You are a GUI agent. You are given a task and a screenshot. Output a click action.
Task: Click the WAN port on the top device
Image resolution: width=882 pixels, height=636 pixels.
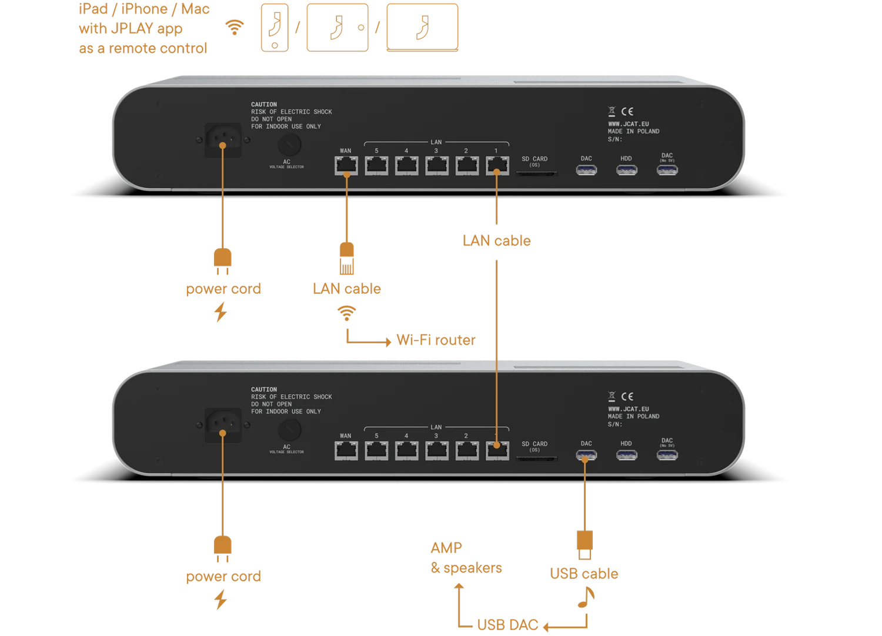pos(346,166)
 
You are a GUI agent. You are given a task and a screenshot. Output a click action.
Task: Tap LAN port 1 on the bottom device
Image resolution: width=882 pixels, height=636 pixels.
pos(497,451)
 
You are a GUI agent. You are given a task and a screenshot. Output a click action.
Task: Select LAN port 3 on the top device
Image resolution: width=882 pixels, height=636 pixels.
pos(436,166)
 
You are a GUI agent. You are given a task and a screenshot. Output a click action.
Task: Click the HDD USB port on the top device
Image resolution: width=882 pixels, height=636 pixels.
pos(626,170)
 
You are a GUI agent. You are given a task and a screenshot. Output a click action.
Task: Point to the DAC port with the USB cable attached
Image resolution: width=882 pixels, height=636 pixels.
pos(586,455)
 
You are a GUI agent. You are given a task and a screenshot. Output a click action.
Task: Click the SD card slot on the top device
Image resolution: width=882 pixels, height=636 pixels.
pos(536,173)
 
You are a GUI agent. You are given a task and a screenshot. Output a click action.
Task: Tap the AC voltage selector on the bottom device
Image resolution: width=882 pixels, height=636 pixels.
pos(289,430)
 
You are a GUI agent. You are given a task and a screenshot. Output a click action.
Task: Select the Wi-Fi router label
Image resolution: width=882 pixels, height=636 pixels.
pos(436,340)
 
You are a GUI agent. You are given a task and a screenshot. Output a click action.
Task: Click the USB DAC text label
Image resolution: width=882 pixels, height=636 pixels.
pos(507,624)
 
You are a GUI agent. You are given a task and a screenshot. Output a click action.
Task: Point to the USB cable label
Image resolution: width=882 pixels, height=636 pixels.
pos(584,573)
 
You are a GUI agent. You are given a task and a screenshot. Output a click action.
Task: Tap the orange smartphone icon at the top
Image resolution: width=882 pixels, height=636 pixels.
pos(275,28)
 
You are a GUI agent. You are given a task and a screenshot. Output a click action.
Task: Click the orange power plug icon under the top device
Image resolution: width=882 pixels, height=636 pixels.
pos(223,262)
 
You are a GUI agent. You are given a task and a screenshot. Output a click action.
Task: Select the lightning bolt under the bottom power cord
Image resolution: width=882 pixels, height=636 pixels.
pos(220,600)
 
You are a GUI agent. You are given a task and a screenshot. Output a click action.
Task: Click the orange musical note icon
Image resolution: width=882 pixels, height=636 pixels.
pos(586,597)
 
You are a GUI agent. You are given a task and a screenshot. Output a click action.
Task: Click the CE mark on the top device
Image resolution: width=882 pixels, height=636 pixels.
pos(627,111)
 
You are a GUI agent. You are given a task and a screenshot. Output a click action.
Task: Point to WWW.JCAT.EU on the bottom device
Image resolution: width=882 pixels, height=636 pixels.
pos(628,409)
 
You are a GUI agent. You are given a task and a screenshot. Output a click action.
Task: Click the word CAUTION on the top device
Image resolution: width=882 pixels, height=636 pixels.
pos(264,105)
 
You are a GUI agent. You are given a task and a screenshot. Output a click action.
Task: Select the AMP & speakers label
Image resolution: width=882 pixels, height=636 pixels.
pos(466,558)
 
